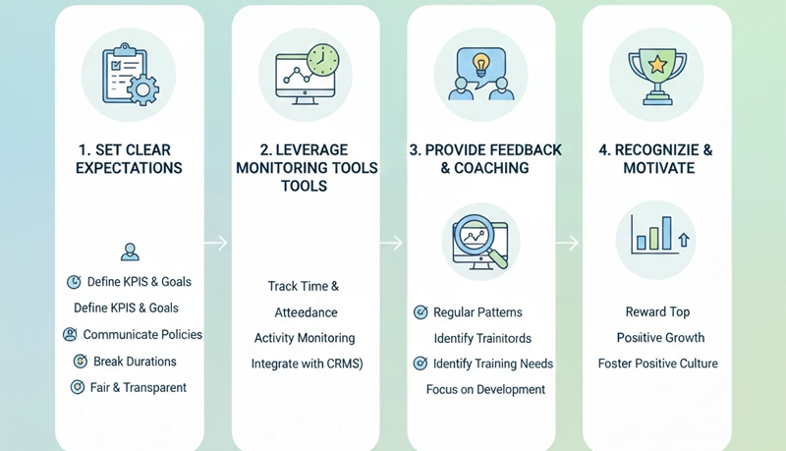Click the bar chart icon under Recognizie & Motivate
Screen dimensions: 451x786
coord(655,236)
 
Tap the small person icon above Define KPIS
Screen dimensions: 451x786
coord(129,253)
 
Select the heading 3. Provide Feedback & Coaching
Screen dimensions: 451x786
coord(485,159)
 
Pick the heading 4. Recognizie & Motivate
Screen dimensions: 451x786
coord(655,159)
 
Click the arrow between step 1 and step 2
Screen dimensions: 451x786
coord(217,243)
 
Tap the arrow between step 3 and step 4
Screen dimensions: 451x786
coord(568,243)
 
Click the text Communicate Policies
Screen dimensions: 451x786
coord(142,335)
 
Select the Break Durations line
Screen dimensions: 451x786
coord(135,362)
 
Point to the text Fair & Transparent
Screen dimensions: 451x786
coord(137,387)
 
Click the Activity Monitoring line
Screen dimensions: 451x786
coord(306,338)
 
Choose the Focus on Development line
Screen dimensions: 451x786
coord(485,389)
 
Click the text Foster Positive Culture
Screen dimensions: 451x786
coord(657,364)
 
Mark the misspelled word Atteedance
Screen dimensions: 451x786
coord(306,312)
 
